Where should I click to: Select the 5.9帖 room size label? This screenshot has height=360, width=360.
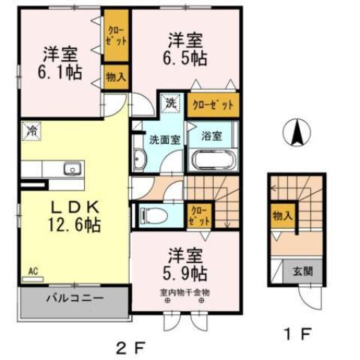[x=184, y=272]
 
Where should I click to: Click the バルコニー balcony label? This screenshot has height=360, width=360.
[x=72, y=298]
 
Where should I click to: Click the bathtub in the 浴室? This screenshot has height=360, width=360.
[x=214, y=160]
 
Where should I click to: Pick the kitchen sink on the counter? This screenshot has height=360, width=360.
[x=72, y=168]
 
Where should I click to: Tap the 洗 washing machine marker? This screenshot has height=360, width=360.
[x=172, y=103]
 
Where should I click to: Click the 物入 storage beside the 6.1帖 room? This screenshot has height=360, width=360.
[x=116, y=76]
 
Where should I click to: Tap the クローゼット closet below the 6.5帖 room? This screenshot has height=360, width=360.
[x=214, y=104]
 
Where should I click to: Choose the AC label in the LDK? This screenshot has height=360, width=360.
[x=33, y=271]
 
